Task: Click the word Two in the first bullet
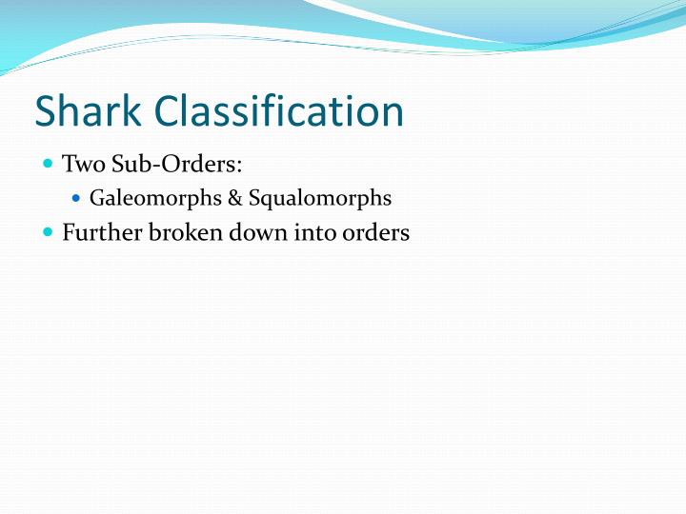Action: [x=81, y=165]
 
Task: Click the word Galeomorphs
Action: [x=154, y=199]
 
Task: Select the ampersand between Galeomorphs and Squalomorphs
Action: [x=233, y=199]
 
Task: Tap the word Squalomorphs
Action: [x=318, y=199]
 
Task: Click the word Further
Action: [x=101, y=232]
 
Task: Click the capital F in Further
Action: [x=69, y=231]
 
